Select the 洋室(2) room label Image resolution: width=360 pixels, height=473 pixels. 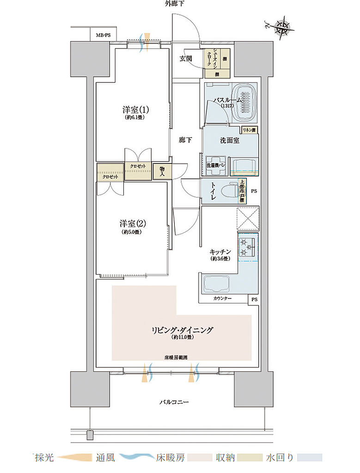pos(133,224)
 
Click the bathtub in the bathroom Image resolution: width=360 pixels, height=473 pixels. pos(244,102)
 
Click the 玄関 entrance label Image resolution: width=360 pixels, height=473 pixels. pos(187,58)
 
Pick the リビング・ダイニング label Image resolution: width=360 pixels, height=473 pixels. pos(182,330)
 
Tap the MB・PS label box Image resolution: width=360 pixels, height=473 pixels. pos(103,35)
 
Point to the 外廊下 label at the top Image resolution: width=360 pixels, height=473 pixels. pos(175,5)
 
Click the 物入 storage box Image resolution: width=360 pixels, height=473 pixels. pos(162,170)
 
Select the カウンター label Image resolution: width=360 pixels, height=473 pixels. pos(223,299)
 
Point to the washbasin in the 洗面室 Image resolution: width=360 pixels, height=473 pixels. pos(244,165)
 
